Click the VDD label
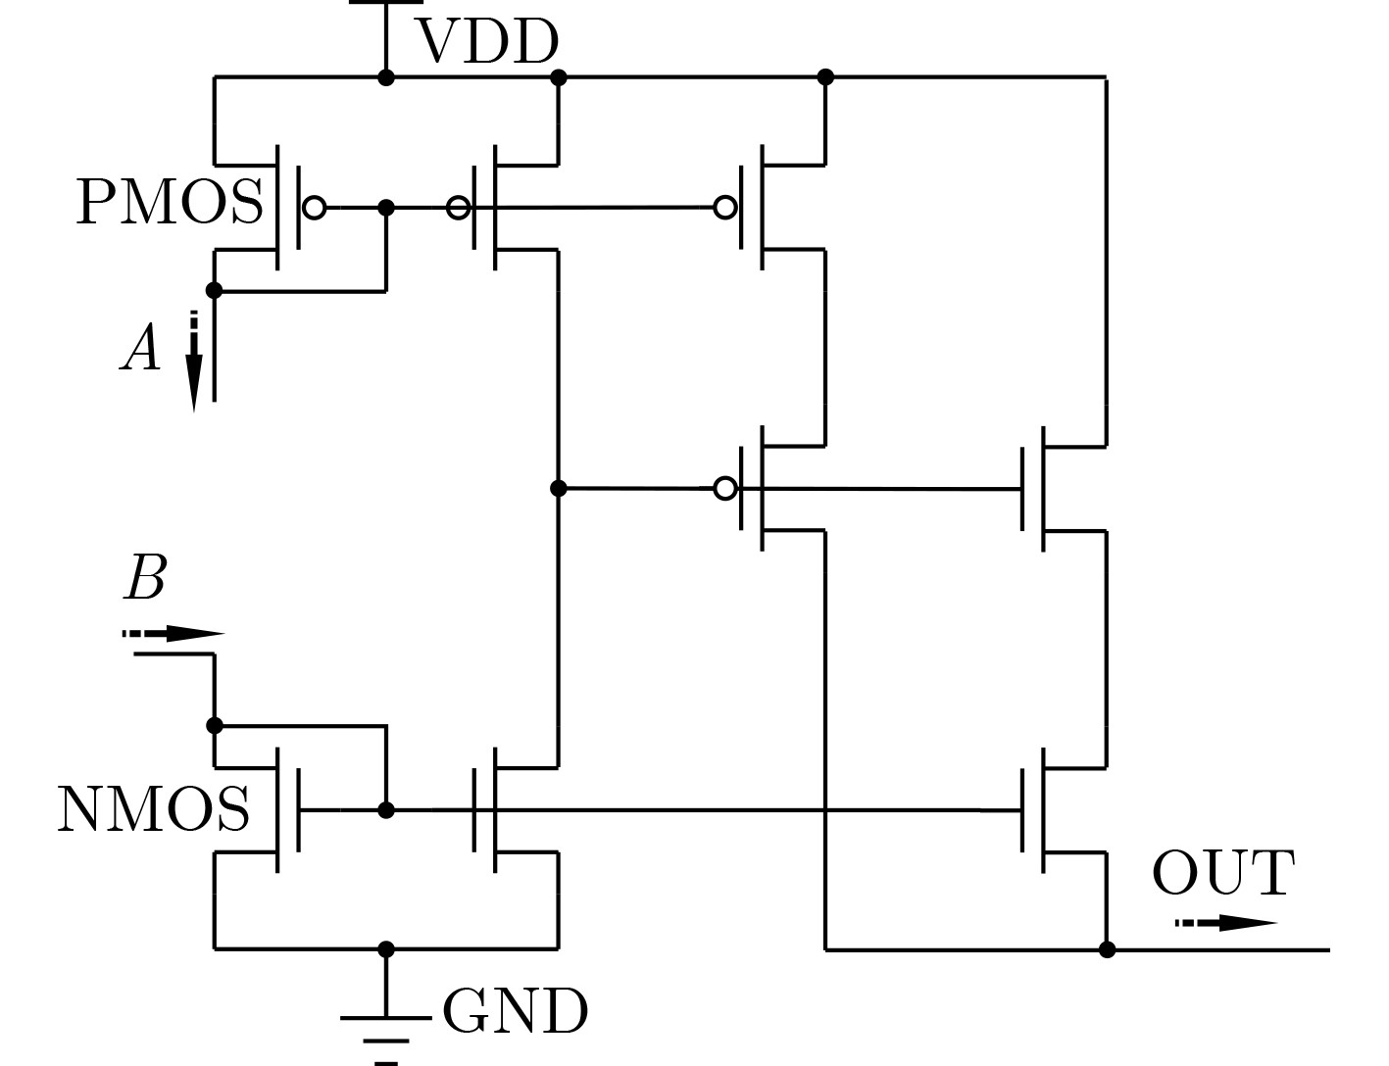[488, 41]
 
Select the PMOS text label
[170, 202]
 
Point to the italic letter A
[140, 347]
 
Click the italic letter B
[145, 577]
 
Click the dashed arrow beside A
[194, 362]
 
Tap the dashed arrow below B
[174, 634]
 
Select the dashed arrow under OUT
[1226, 923]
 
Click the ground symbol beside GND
[385, 1034]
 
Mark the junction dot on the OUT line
[1107, 949]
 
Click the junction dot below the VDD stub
[386, 78]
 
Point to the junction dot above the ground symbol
[386, 949]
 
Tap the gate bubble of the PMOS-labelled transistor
[314, 208]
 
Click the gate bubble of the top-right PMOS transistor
[724, 208]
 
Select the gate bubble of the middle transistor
[724, 489]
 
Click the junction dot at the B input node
[215, 726]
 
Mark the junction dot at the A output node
[214, 291]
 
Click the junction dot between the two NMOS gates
[386, 810]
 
